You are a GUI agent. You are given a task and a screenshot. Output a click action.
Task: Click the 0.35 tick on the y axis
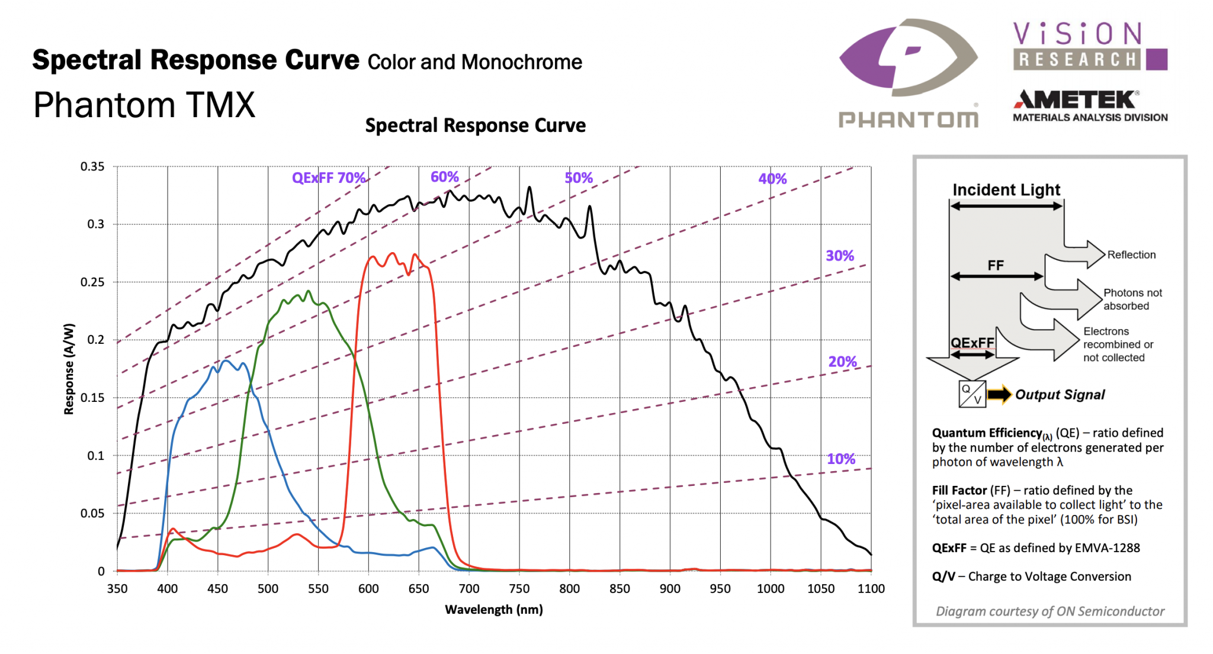[92, 167]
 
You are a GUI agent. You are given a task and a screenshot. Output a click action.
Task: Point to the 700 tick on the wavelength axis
[469, 589]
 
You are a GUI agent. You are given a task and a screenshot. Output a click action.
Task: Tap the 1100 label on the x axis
[871, 589]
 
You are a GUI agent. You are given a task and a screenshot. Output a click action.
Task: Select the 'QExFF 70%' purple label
[329, 178]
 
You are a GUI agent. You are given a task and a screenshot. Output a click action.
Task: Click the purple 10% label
[841, 459]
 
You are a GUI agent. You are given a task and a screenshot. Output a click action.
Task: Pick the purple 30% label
[840, 256]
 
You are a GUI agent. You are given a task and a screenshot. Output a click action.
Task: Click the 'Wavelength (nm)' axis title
[494, 610]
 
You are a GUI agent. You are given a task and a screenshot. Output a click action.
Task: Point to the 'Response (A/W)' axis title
[69, 369]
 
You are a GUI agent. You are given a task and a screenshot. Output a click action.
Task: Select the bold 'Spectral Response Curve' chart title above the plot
[475, 125]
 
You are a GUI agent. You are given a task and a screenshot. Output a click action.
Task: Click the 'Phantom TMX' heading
[144, 105]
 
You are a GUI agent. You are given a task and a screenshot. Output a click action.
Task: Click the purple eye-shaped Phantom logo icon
[909, 57]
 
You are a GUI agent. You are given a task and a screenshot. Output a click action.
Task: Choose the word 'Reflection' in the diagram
[1131, 255]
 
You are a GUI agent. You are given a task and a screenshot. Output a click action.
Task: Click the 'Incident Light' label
[1006, 190]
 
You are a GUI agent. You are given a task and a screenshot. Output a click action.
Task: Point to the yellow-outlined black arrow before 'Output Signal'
[999, 395]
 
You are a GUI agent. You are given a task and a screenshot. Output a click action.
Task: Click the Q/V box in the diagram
[972, 394]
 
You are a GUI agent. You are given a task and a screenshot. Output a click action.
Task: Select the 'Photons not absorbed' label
[1132, 299]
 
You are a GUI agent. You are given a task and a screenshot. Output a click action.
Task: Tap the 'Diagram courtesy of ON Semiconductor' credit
[1050, 611]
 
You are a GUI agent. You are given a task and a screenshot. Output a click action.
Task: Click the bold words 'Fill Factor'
[959, 491]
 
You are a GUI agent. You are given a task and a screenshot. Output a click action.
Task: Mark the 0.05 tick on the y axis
[92, 514]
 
